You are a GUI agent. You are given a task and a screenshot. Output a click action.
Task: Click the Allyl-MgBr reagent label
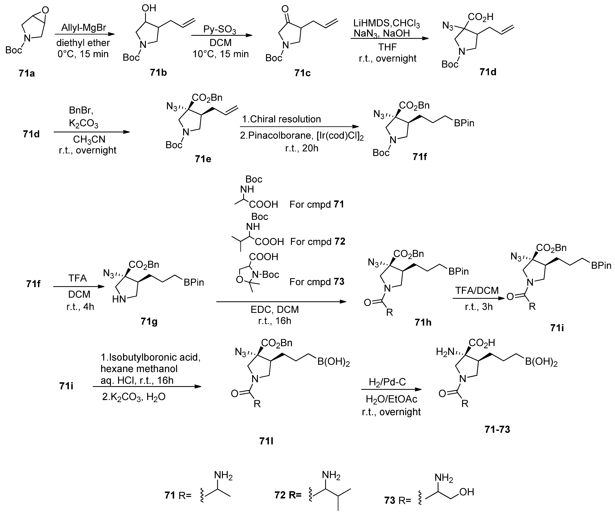[83, 28]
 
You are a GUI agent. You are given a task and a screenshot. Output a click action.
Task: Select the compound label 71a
[27, 73]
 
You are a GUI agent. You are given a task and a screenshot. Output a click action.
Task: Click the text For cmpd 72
[318, 242]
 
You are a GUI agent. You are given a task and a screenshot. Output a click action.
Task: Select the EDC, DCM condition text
[275, 310]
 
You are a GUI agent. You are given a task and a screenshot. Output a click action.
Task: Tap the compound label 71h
[423, 322]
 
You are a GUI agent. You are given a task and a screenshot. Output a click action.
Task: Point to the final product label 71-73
[497, 430]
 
